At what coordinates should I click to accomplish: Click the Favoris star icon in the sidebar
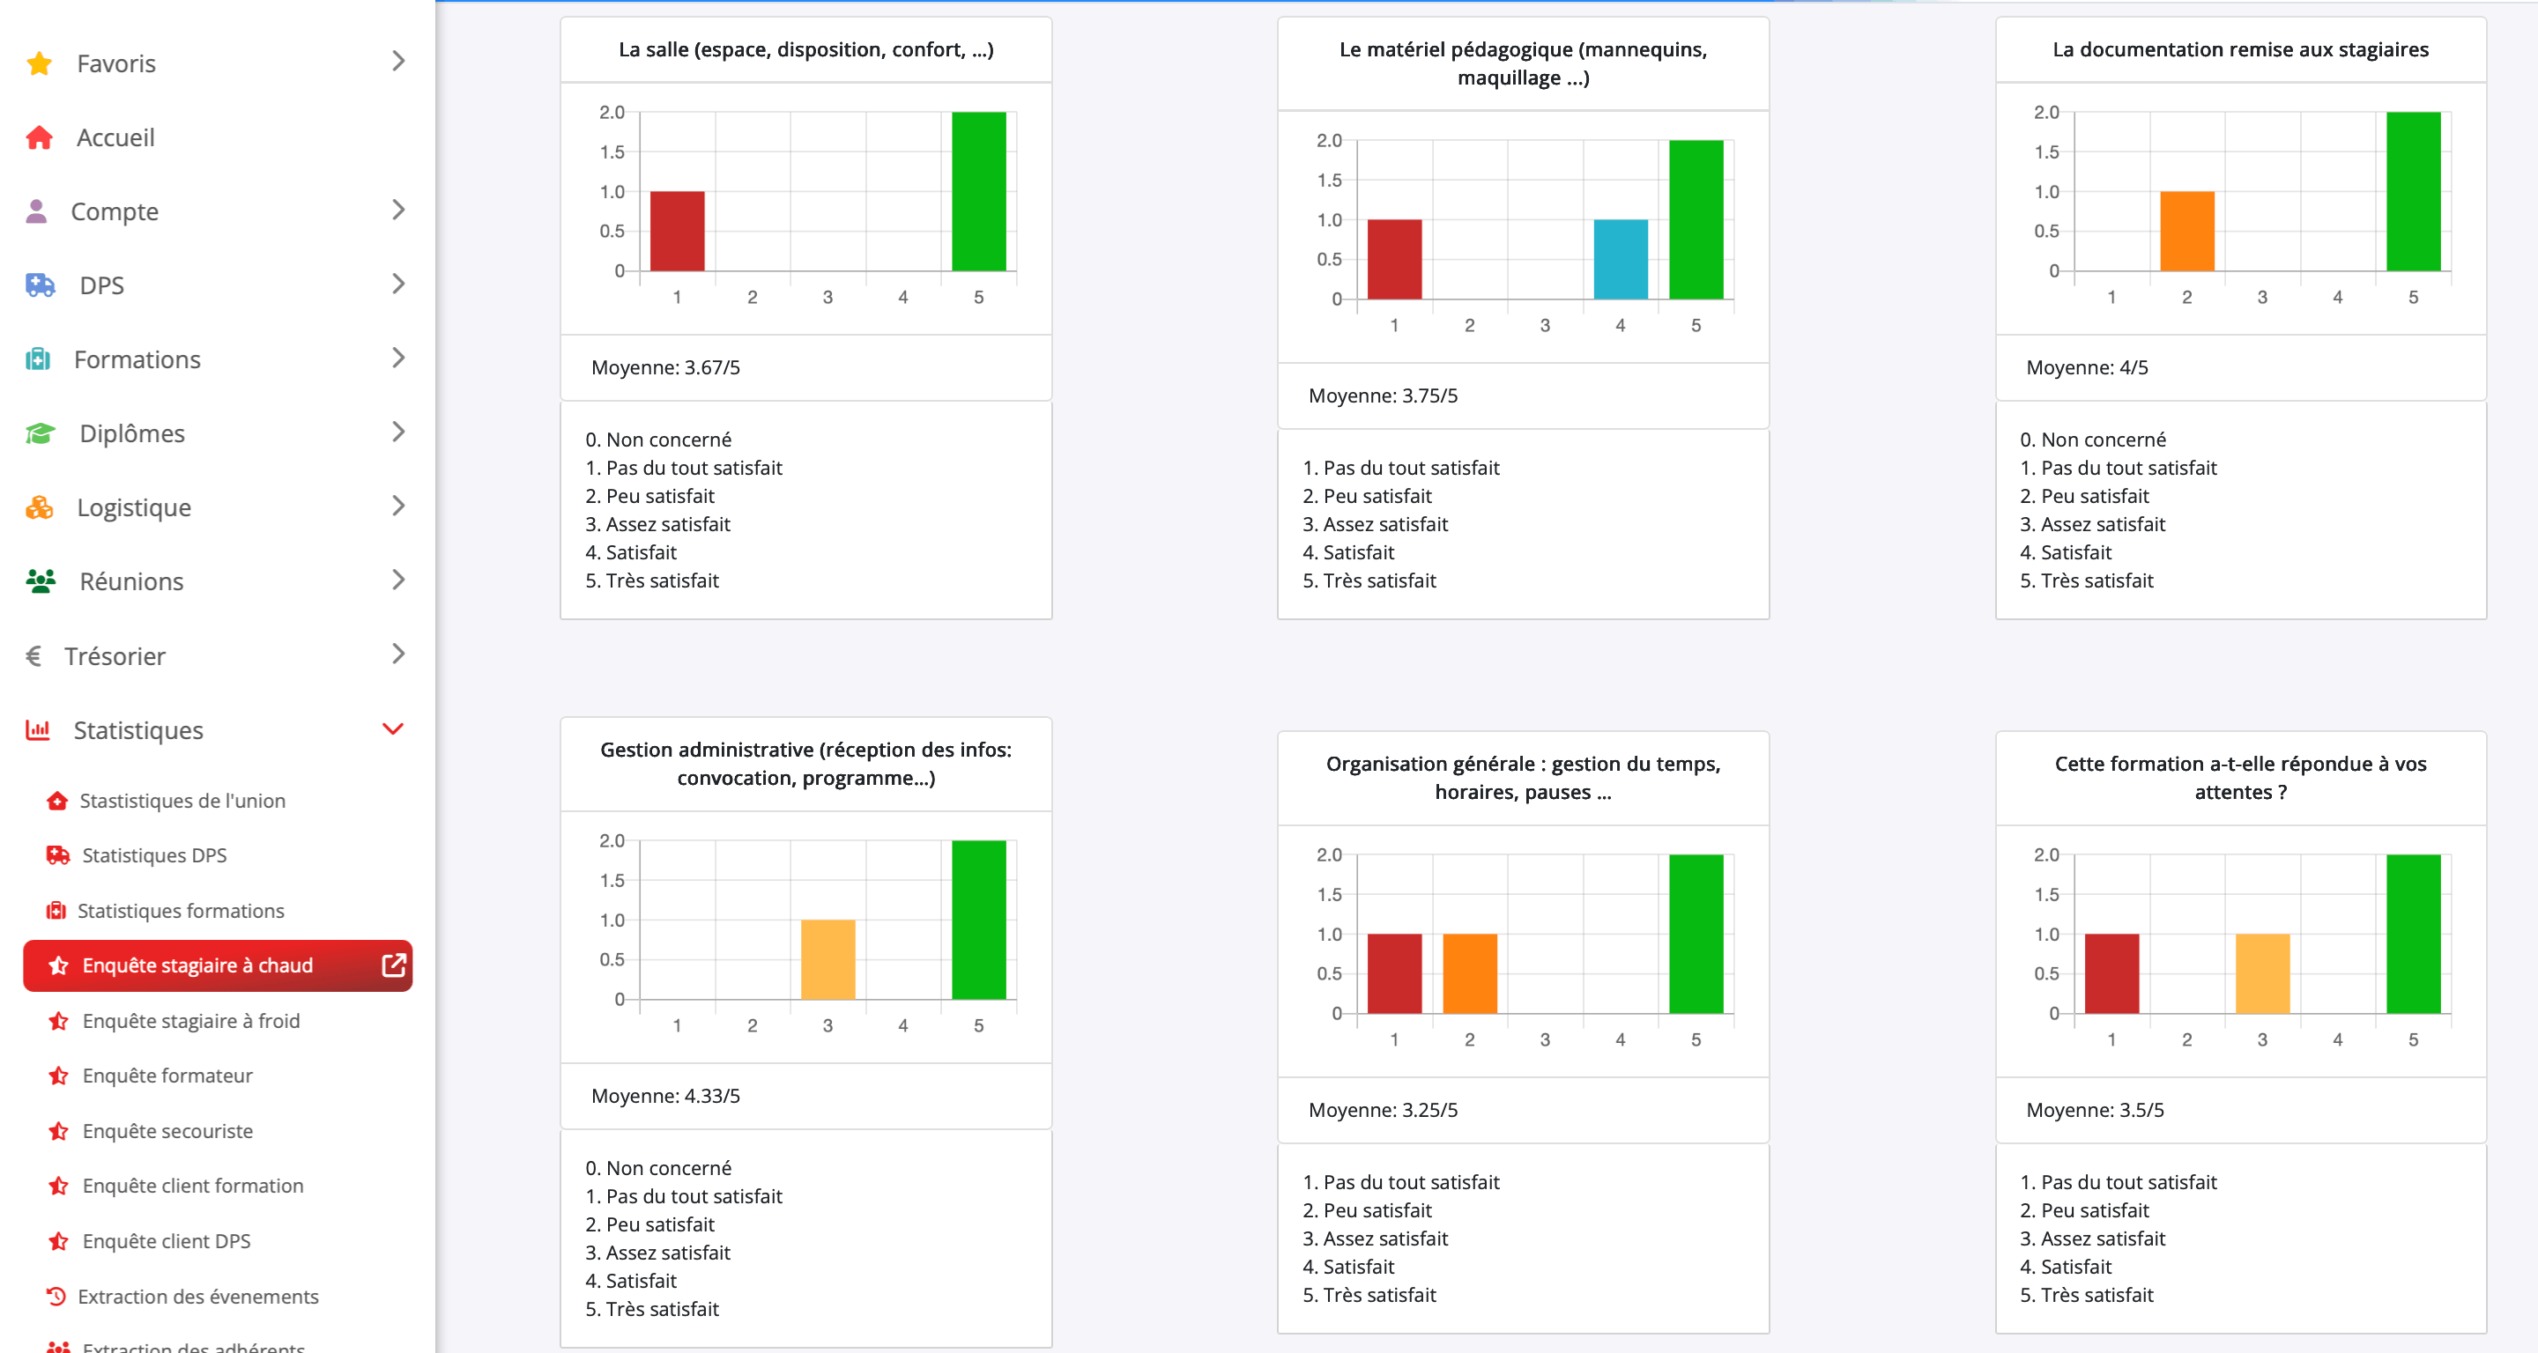(x=40, y=64)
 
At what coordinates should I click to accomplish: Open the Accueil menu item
(x=115, y=138)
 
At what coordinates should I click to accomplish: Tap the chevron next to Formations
(x=398, y=359)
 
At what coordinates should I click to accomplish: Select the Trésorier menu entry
(x=115, y=656)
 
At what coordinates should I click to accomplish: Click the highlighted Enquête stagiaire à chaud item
(x=197, y=965)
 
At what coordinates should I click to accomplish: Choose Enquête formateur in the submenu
(x=167, y=1076)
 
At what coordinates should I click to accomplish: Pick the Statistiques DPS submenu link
(x=153, y=854)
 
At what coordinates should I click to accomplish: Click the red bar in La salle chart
(x=677, y=232)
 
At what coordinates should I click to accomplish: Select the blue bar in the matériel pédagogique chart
(x=1621, y=259)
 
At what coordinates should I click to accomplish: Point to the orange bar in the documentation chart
(x=2186, y=232)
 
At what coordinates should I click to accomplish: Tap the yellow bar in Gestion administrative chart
(x=827, y=959)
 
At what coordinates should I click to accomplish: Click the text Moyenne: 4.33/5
(x=665, y=1096)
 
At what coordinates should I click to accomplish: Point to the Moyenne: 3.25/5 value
(x=1383, y=1110)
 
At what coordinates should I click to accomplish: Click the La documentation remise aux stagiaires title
(x=2239, y=49)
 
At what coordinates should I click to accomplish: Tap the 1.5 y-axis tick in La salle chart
(x=612, y=152)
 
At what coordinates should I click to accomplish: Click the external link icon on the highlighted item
(x=393, y=965)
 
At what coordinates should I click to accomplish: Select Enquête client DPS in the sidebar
(x=167, y=1241)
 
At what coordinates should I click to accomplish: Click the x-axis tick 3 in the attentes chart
(x=2262, y=1040)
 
